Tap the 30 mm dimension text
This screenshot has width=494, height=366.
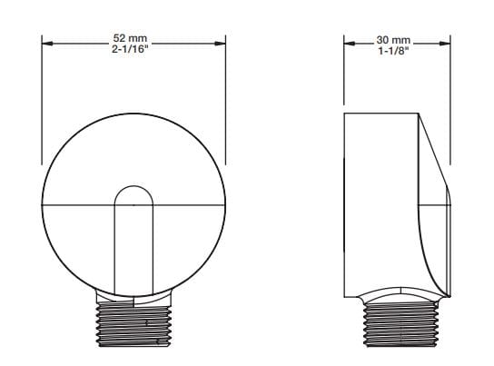point(394,39)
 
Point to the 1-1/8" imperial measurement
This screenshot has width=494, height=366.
point(394,51)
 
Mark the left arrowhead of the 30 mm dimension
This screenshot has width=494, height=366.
point(349,43)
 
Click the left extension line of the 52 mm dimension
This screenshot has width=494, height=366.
point(44,100)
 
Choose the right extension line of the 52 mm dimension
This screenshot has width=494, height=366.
point(225,100)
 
